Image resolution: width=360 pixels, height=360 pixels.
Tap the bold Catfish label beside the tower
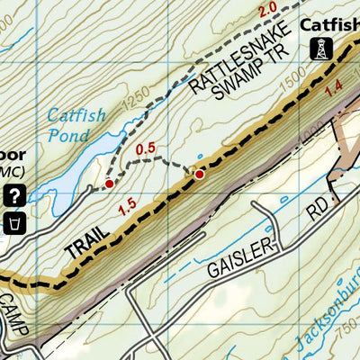click(x=329, y=24)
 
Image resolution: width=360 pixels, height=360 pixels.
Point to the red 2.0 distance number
click(x=266, y=11)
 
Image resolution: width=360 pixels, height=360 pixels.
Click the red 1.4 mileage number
click(x=335, y=86)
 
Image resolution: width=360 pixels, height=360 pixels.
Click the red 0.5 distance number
click(x=145, y=148)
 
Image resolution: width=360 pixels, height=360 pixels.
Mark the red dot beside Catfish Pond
click(x=110, y=184)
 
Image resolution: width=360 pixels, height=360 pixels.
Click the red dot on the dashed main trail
click(x=200, y=174)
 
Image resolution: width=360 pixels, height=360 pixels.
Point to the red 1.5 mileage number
click(x=127, y=208)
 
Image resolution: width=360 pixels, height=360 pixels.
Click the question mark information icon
click(x=14, y=193)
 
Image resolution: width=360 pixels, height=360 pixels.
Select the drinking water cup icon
click(x=14, y=221)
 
